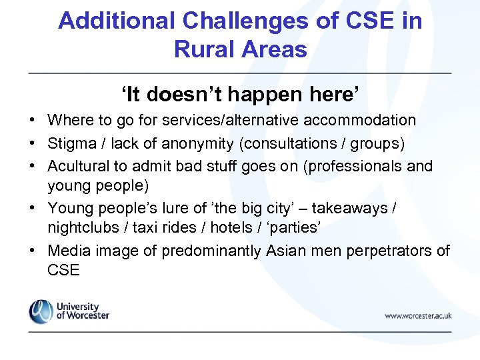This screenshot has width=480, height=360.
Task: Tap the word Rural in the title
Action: pos(204,49)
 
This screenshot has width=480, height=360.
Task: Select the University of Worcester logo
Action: pos(69,311)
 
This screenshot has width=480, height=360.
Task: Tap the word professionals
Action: pos(359,166)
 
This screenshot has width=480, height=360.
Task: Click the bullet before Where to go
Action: pos(32,121)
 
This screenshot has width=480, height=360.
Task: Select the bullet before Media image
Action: pos(32,251)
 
